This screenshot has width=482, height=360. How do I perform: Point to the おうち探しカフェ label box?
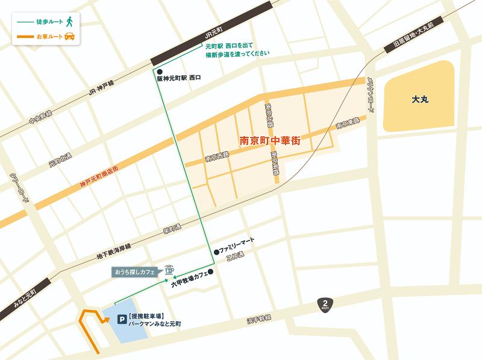[x=135, y=273]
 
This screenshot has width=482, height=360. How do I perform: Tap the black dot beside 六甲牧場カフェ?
[x=211, y=272]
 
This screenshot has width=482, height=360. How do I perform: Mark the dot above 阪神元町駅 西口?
[x=159, y=71]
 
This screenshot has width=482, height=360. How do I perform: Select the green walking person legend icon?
[x=70, y=22]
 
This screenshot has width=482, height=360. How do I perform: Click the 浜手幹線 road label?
[x=259, y=318]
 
